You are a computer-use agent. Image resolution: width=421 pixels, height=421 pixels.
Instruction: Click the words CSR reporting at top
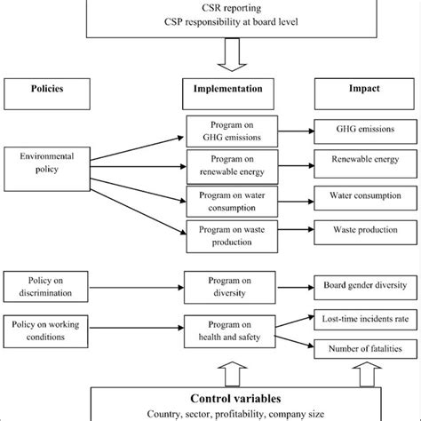tap(210, 8)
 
